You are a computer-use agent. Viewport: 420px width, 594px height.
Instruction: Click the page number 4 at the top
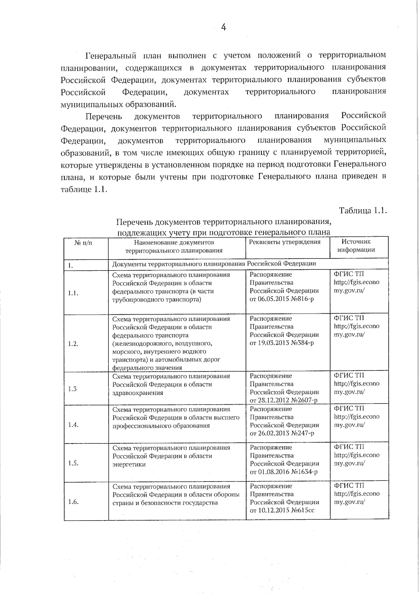(x=223, y=27)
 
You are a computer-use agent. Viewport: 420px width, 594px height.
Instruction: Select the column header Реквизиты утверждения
(x=285, y=242)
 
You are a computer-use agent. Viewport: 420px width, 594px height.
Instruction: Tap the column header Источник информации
(x=356, y=245)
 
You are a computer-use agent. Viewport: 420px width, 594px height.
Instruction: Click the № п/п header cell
(x=83, y=242)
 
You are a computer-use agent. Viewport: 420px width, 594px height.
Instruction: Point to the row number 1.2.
(x=73, y=343)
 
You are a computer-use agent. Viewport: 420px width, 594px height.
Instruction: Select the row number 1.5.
(x=73, y=463)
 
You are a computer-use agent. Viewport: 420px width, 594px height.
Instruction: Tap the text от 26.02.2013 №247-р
(x=282, y=433)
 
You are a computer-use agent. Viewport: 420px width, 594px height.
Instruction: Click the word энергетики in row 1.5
(x=129, y=464)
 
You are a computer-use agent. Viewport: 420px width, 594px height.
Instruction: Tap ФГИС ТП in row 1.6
(x=349, y=485)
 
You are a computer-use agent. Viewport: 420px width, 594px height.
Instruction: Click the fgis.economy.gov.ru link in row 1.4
(x=356, y=421)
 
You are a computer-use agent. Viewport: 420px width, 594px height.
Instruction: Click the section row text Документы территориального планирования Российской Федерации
(x=214, y=264)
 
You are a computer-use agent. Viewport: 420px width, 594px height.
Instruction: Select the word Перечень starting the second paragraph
(x=104, y=116)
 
